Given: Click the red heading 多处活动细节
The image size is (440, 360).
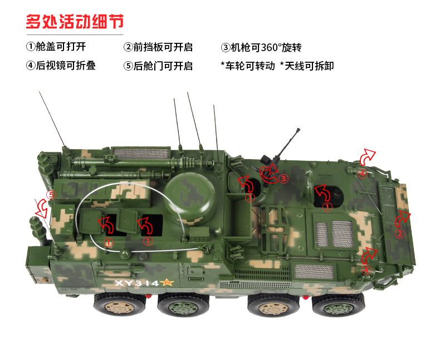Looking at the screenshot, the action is pos(75,22).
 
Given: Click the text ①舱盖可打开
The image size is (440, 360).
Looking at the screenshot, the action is pos(56,47).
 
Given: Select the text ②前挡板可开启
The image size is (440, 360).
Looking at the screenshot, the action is pos(158,47).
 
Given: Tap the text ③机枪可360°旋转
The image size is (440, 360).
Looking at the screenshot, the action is pos(261,47).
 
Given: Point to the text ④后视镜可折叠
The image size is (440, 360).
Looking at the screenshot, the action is pos(61,66).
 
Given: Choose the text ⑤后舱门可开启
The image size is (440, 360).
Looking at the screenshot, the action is pos(158,66).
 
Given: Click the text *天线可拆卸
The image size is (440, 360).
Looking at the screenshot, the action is pos(307,66).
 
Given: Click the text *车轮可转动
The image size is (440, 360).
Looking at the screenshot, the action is pos(248,66).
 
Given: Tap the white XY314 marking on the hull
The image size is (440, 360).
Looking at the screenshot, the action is pos(137,283).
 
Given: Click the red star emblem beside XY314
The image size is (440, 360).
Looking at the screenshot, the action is pos(167,283).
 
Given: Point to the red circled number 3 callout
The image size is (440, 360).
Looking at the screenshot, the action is pos(283,178).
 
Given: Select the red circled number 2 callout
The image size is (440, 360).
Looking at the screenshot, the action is pos(400,234).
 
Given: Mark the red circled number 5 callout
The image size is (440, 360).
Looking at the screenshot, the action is pos(51,195).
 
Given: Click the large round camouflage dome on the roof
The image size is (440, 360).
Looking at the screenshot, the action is pos(190,196).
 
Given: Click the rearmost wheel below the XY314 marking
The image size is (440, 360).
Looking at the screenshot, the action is pos(120,305).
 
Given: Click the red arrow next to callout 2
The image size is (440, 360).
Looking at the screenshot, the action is pos(402,219).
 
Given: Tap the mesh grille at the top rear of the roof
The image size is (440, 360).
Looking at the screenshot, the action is pos(141,154).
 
